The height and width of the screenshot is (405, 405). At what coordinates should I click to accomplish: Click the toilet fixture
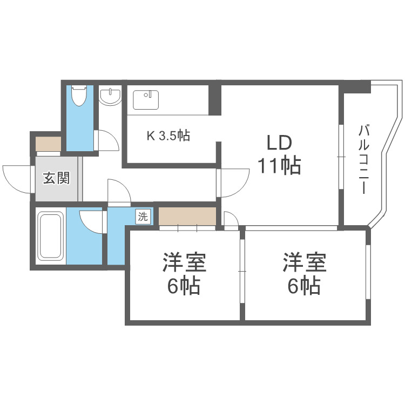click(79, 96)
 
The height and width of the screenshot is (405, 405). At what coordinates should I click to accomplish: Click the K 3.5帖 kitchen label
click(168, 136)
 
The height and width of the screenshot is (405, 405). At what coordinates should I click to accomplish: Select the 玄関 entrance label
click(56, 178)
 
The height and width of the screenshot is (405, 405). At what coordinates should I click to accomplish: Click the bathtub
click(51, 235)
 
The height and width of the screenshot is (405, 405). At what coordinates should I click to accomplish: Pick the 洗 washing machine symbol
click(143, 217)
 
